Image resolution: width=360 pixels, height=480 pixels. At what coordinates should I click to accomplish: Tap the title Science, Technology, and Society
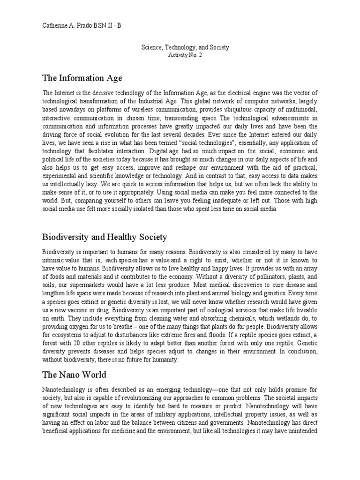[186, 47]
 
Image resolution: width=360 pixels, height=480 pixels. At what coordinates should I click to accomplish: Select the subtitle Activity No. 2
[186, 55]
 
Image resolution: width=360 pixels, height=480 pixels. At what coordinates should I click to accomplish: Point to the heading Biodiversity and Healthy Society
[105, 237]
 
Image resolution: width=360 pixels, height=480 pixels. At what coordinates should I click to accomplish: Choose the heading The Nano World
[74, 375]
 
